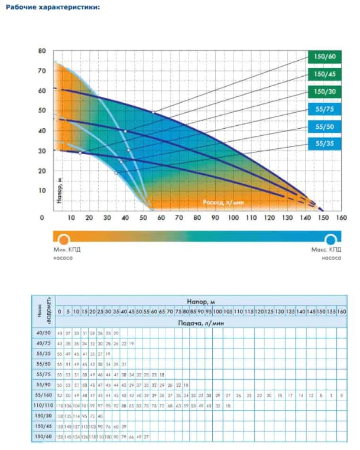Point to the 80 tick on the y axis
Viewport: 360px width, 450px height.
click(42, 51)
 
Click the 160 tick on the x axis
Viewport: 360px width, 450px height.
click(341, 218)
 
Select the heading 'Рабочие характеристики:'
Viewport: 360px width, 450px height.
click(52, 7)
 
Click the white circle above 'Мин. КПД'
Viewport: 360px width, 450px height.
click(63, 239)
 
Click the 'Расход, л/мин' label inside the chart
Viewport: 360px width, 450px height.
click(223, 202)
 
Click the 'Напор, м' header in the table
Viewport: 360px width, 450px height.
click(199, 301)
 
